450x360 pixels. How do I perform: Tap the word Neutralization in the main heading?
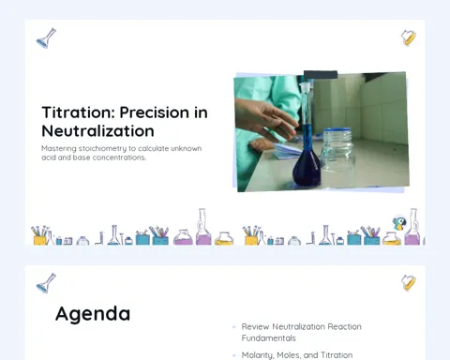click(97, 131)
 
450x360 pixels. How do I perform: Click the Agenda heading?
click(93, 314)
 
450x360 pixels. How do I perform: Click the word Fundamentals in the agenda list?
click(268, 338)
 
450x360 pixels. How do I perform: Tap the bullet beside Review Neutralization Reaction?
click(234, 327)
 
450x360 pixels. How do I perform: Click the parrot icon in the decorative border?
click(399, 223)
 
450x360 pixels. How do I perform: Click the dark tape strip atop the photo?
click(321, 75)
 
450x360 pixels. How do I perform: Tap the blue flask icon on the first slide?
click(47, 38)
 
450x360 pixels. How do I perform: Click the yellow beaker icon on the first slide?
click(409, 37)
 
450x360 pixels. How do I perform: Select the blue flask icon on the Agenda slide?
click(47, 283)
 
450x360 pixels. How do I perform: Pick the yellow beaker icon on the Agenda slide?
click(409, 283)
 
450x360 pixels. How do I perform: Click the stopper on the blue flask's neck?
click(306, 86)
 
